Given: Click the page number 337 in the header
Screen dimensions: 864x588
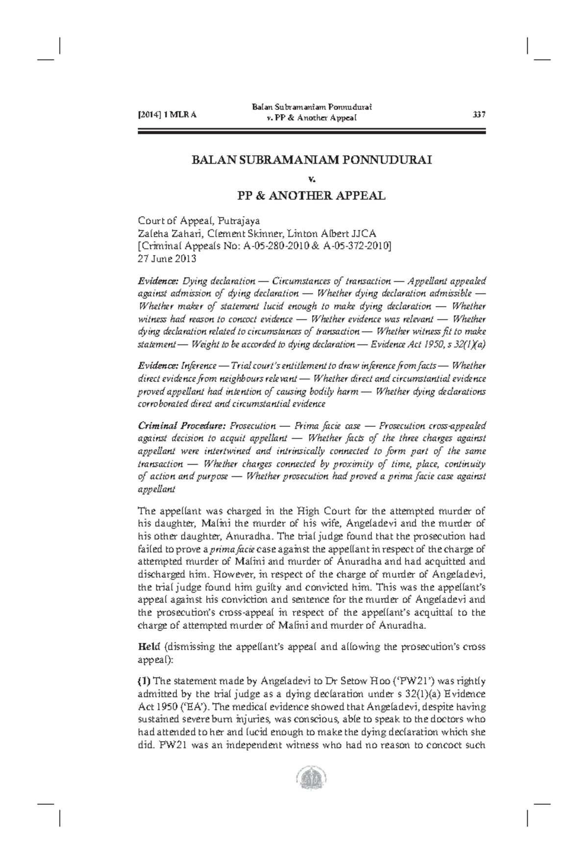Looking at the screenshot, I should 478,115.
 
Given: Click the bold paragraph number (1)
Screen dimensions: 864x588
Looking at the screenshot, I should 145,681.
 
